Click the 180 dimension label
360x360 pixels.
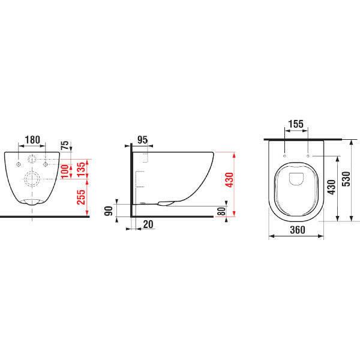32,140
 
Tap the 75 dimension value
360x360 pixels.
65,145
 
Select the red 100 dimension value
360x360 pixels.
65,171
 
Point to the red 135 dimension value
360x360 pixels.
81,169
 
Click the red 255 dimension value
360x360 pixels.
81,197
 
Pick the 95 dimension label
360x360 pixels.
142,140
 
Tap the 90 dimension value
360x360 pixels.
109,211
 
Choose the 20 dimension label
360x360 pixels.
148,224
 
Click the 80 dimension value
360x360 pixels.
221,211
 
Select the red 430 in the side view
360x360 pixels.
229,180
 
